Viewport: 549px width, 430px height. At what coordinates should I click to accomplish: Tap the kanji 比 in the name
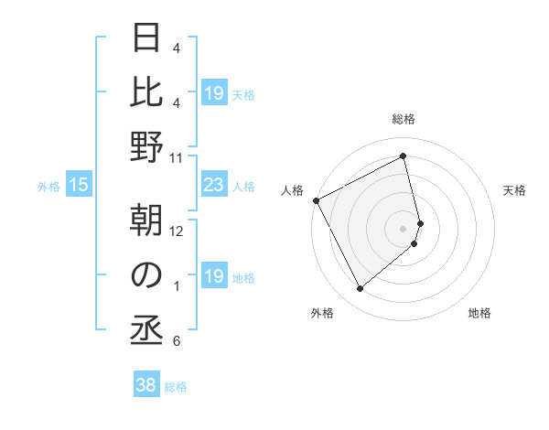click(146, 92)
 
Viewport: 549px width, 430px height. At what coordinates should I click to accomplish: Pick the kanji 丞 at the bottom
click(146, 330)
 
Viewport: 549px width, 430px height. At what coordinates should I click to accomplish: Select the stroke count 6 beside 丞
click(176, 341)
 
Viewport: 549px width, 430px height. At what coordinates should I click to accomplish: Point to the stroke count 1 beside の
click(176, 286)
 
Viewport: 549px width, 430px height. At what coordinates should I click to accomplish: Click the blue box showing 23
click(213, 186)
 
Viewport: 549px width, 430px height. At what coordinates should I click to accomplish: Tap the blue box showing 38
click(146, 385)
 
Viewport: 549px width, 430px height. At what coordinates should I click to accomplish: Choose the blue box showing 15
click(79, 186)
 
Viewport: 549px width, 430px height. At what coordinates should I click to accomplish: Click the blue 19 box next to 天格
click(213, 93)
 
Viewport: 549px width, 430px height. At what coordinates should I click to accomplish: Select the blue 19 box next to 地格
click(213, 276)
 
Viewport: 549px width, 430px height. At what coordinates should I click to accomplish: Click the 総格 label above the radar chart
click(404, 120)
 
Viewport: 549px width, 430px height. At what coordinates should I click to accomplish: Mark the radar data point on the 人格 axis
click(316, 200)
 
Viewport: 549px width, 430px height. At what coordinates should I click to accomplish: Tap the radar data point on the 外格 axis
click(360, 289)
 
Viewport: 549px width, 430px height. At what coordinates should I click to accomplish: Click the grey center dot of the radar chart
click(404, 228)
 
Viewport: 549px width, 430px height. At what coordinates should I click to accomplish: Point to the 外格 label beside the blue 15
click(48, 187)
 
